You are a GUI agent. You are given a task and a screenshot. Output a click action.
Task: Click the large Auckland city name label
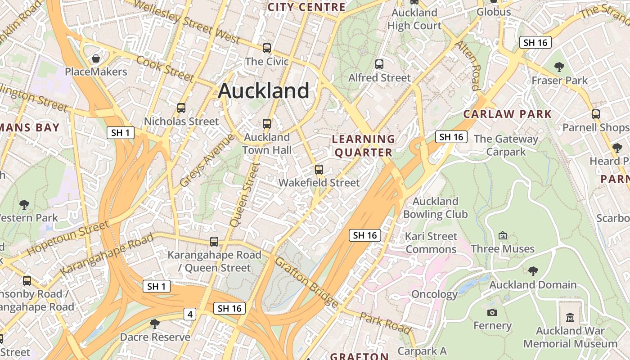click(264, 91)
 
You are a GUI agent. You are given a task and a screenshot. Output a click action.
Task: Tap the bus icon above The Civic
click(267, 48)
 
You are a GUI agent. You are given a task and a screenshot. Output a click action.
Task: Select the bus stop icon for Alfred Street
click(379, 64)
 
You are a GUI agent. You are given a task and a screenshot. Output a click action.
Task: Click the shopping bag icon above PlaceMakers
click(96, 58)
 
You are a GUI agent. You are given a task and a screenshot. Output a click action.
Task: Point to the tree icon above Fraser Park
click(559, 67)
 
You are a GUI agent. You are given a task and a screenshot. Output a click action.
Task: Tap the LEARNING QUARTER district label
click(363, 145)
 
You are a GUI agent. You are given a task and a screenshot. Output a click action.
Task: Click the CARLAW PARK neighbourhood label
click(507, 114)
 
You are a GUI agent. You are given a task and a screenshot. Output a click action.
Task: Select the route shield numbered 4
click(190, 314)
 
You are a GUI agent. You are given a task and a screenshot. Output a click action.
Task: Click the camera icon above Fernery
click(492, 312)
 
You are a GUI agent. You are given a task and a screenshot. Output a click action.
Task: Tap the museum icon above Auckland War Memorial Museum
click(570, 317)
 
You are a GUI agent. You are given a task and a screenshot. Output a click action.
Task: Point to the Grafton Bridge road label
click(306, 282)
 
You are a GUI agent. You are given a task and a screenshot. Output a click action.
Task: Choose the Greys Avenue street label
click(207, 161)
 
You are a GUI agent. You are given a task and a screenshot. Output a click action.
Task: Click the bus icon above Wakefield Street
click(319, 170)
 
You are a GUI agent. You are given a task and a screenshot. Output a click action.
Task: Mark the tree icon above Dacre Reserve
click(155, 324)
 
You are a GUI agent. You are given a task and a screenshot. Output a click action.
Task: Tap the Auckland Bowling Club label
click(435, 207)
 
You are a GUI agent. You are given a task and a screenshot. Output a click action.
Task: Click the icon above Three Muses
click(503, 235)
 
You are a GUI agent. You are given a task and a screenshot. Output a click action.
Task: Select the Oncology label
click(434, 295)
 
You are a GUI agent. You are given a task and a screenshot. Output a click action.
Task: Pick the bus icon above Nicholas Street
click(181, 108)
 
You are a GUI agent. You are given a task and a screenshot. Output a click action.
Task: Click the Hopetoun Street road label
click(68, 238)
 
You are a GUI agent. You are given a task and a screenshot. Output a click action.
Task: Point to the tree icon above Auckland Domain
click(533, 271)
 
